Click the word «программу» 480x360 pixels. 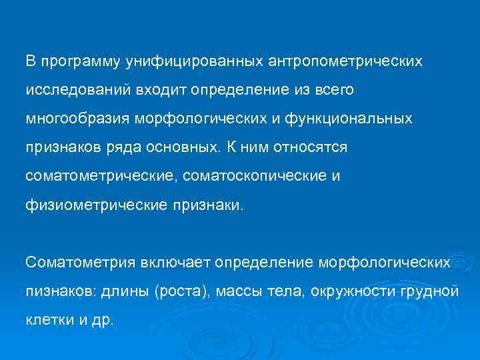[x=79, y=62]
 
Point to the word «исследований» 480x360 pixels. [x=71, y=90]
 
